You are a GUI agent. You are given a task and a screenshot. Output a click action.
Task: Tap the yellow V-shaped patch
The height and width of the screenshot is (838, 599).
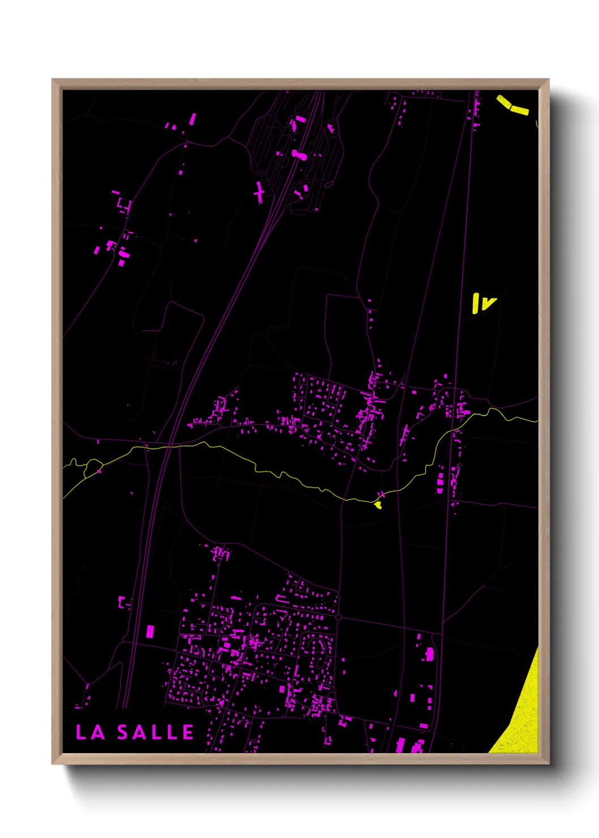(x=488, y=304)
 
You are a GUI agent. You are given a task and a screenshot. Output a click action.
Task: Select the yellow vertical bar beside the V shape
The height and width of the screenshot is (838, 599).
(x=476, y=303)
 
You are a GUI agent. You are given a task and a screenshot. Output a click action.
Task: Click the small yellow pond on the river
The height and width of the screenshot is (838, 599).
(x=378, y=504)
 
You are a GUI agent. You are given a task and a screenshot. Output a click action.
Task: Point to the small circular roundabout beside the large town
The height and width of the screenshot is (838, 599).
(x=338, y=617)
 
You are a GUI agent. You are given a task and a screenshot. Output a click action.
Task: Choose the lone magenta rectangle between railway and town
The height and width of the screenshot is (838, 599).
(x=150, y=631)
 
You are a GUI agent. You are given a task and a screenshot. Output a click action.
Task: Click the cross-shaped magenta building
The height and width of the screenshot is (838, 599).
(x=259, y=194)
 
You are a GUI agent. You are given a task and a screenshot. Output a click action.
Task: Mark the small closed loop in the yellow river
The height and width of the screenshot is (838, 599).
(x=93, y=468)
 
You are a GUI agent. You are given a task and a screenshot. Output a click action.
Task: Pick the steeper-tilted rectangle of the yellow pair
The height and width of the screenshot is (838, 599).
(x=504, y=102)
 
